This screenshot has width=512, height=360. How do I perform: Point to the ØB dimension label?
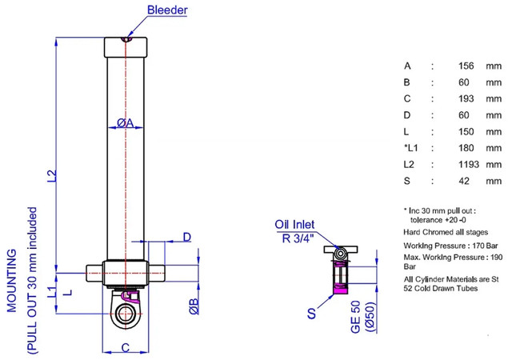tap(193, 306)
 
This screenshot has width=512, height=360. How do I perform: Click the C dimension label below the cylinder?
tap(126, 346)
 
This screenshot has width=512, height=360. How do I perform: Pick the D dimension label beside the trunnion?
tap(186, 237)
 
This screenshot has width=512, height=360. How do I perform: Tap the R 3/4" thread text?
tap(297, 237)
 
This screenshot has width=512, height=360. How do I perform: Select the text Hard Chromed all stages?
tap(442, 231)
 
